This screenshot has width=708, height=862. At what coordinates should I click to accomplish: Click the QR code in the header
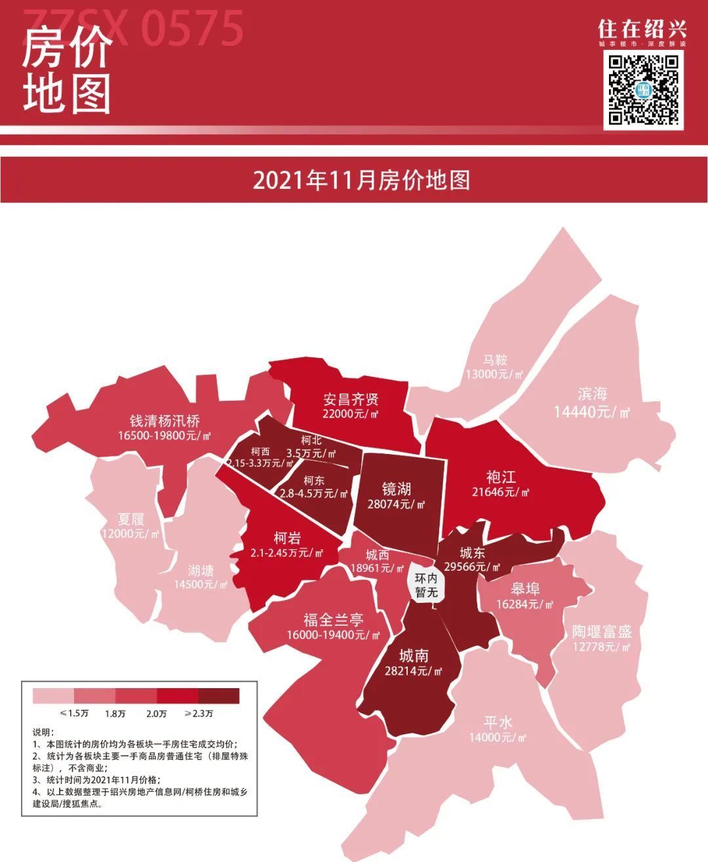click(644, 89)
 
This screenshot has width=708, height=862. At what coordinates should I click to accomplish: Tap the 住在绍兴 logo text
click(642, 29)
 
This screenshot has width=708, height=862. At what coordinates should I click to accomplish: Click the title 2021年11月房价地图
click(361, 180)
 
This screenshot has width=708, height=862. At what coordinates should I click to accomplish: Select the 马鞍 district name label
click(495, 360)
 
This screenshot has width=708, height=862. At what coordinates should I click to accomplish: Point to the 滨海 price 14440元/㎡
click(592, 412)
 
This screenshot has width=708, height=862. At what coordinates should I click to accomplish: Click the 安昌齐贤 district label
click(351, 400)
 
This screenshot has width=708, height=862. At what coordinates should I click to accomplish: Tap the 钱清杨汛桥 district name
click(164, 421)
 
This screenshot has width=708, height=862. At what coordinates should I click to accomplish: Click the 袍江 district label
click(501, 476)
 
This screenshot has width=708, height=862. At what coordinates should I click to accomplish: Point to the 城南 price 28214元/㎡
click(414, 671)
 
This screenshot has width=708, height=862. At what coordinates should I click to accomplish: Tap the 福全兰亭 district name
click(333, 620)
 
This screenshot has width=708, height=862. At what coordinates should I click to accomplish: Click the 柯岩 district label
click(286, 538)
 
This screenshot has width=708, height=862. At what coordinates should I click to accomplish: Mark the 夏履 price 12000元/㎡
click(130, 534)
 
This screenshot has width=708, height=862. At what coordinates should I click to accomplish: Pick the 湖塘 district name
click(201, 570)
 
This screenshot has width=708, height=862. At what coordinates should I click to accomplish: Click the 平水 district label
click(498, 722)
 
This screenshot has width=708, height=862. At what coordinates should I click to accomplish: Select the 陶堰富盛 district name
click(601, 632)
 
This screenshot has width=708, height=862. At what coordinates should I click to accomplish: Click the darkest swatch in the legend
click(219, 695)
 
